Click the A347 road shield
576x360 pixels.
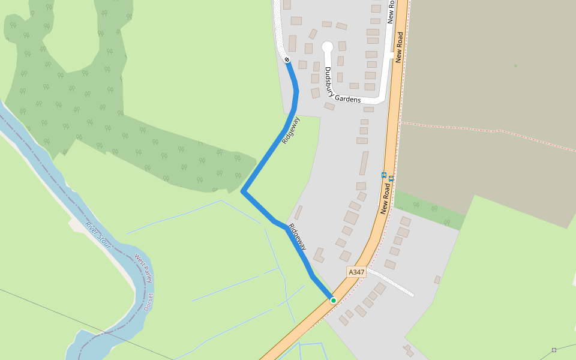tap(356, 272)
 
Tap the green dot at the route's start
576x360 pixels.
tap(333, 300)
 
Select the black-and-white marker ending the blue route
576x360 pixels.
tap(287, 59)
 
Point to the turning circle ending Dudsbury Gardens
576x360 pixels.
tap(327, 47)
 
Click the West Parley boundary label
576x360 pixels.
tap(143, 268)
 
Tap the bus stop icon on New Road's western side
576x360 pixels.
tap(384, 175)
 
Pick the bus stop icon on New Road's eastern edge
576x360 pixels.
tap(391, 178)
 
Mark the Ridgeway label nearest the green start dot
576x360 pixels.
tap(298, 237)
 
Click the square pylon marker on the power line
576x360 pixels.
tap(554, 350)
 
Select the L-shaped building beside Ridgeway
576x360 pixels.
tap(319, 255)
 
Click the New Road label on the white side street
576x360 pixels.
tap(391, 12)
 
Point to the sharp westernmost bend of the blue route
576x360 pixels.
tap(243, 191)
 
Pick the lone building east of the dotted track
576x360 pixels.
tap(437, 280)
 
